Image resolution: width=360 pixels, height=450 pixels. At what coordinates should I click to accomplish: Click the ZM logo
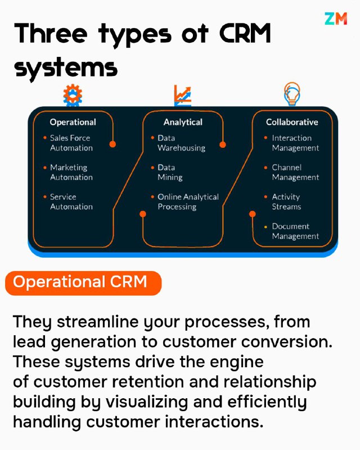336,19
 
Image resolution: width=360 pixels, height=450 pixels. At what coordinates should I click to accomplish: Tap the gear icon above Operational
73,95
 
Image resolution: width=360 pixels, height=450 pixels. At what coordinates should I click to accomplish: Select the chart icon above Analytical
183,95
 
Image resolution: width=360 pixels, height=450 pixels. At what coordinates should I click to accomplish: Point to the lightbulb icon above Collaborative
292,93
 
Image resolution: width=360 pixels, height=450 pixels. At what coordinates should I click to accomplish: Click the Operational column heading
73,122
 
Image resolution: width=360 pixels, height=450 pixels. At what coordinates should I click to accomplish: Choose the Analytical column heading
183,122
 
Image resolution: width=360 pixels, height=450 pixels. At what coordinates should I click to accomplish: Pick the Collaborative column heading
292,122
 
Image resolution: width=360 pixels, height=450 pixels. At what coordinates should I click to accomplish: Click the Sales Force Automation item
71,143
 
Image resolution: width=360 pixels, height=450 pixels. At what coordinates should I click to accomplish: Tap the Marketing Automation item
71,172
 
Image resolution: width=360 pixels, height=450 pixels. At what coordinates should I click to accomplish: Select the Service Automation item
71,202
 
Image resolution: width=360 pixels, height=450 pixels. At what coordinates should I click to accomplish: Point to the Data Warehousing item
182,143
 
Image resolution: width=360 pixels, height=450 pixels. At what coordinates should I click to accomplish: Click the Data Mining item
170,172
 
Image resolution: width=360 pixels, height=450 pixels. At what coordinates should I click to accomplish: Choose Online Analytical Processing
188,202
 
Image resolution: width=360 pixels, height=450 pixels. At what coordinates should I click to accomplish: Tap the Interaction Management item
295,143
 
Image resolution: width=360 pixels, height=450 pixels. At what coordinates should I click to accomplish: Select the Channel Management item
295,172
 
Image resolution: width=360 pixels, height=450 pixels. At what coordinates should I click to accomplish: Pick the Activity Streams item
286,202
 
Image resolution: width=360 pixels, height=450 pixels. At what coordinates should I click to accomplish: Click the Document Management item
295,231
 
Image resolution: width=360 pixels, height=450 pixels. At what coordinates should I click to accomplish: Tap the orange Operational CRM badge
83,283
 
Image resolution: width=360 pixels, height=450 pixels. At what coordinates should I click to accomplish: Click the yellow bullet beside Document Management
265,227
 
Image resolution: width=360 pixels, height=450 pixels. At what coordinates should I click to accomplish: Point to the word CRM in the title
245,34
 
